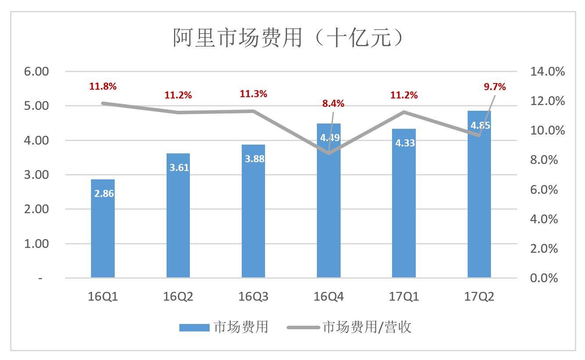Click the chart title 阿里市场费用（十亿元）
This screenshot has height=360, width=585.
pos(288,38)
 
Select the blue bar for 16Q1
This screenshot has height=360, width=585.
pos(103,229)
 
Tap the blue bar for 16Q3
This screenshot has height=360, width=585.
pos(253,211)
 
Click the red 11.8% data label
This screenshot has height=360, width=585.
pos(103,87)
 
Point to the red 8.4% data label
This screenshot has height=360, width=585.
pos(333,104)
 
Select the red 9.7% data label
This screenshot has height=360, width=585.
pos(495,87)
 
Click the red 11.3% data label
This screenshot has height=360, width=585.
pos(253,94)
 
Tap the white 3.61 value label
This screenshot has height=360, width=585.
pos(178,167)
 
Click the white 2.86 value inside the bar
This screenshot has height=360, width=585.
pos(104,193)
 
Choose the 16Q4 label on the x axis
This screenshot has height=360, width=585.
pos(328,297)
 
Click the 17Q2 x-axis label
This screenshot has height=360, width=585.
pos(479,297)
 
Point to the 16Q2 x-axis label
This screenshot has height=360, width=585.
pos(178,297)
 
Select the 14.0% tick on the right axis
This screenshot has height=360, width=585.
pos(547,72)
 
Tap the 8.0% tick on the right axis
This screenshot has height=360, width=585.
pos(544,160)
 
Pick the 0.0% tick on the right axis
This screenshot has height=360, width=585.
pos(544,278)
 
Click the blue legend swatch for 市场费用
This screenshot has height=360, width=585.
pos(194,327)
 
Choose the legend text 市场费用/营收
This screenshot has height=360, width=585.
pos(367,327)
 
